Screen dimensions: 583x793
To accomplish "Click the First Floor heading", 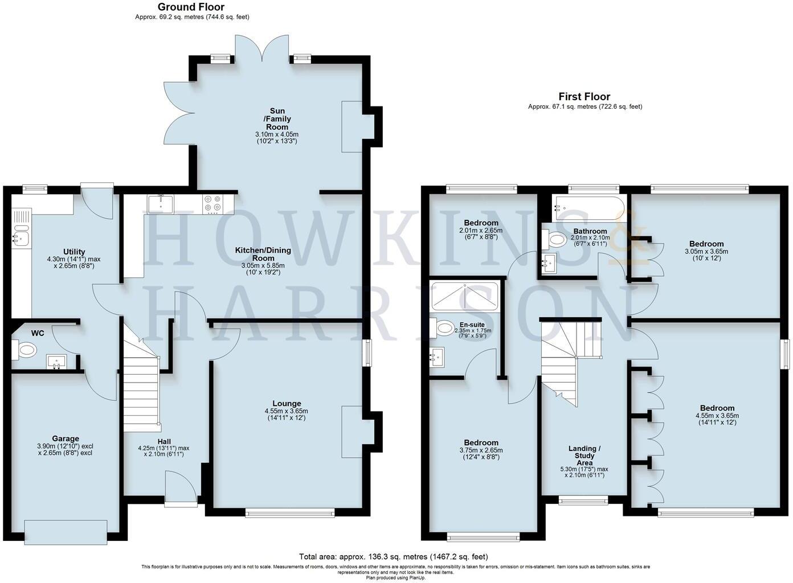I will [x=584, y=97].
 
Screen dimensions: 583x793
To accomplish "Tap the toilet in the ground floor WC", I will [x=25, y=350].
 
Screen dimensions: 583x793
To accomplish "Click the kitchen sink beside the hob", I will [x=160, y=204].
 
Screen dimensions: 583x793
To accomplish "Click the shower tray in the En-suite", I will [x=465, y=297].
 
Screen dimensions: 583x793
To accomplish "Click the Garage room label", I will [x=66, y=438].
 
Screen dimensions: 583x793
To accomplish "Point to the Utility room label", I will [x=74, y=252].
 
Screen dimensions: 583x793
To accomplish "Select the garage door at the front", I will [x=66, y=532].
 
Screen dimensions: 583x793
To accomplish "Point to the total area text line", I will [x=393, y=557].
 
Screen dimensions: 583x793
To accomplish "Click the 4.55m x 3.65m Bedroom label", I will [x=717, y=408].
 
